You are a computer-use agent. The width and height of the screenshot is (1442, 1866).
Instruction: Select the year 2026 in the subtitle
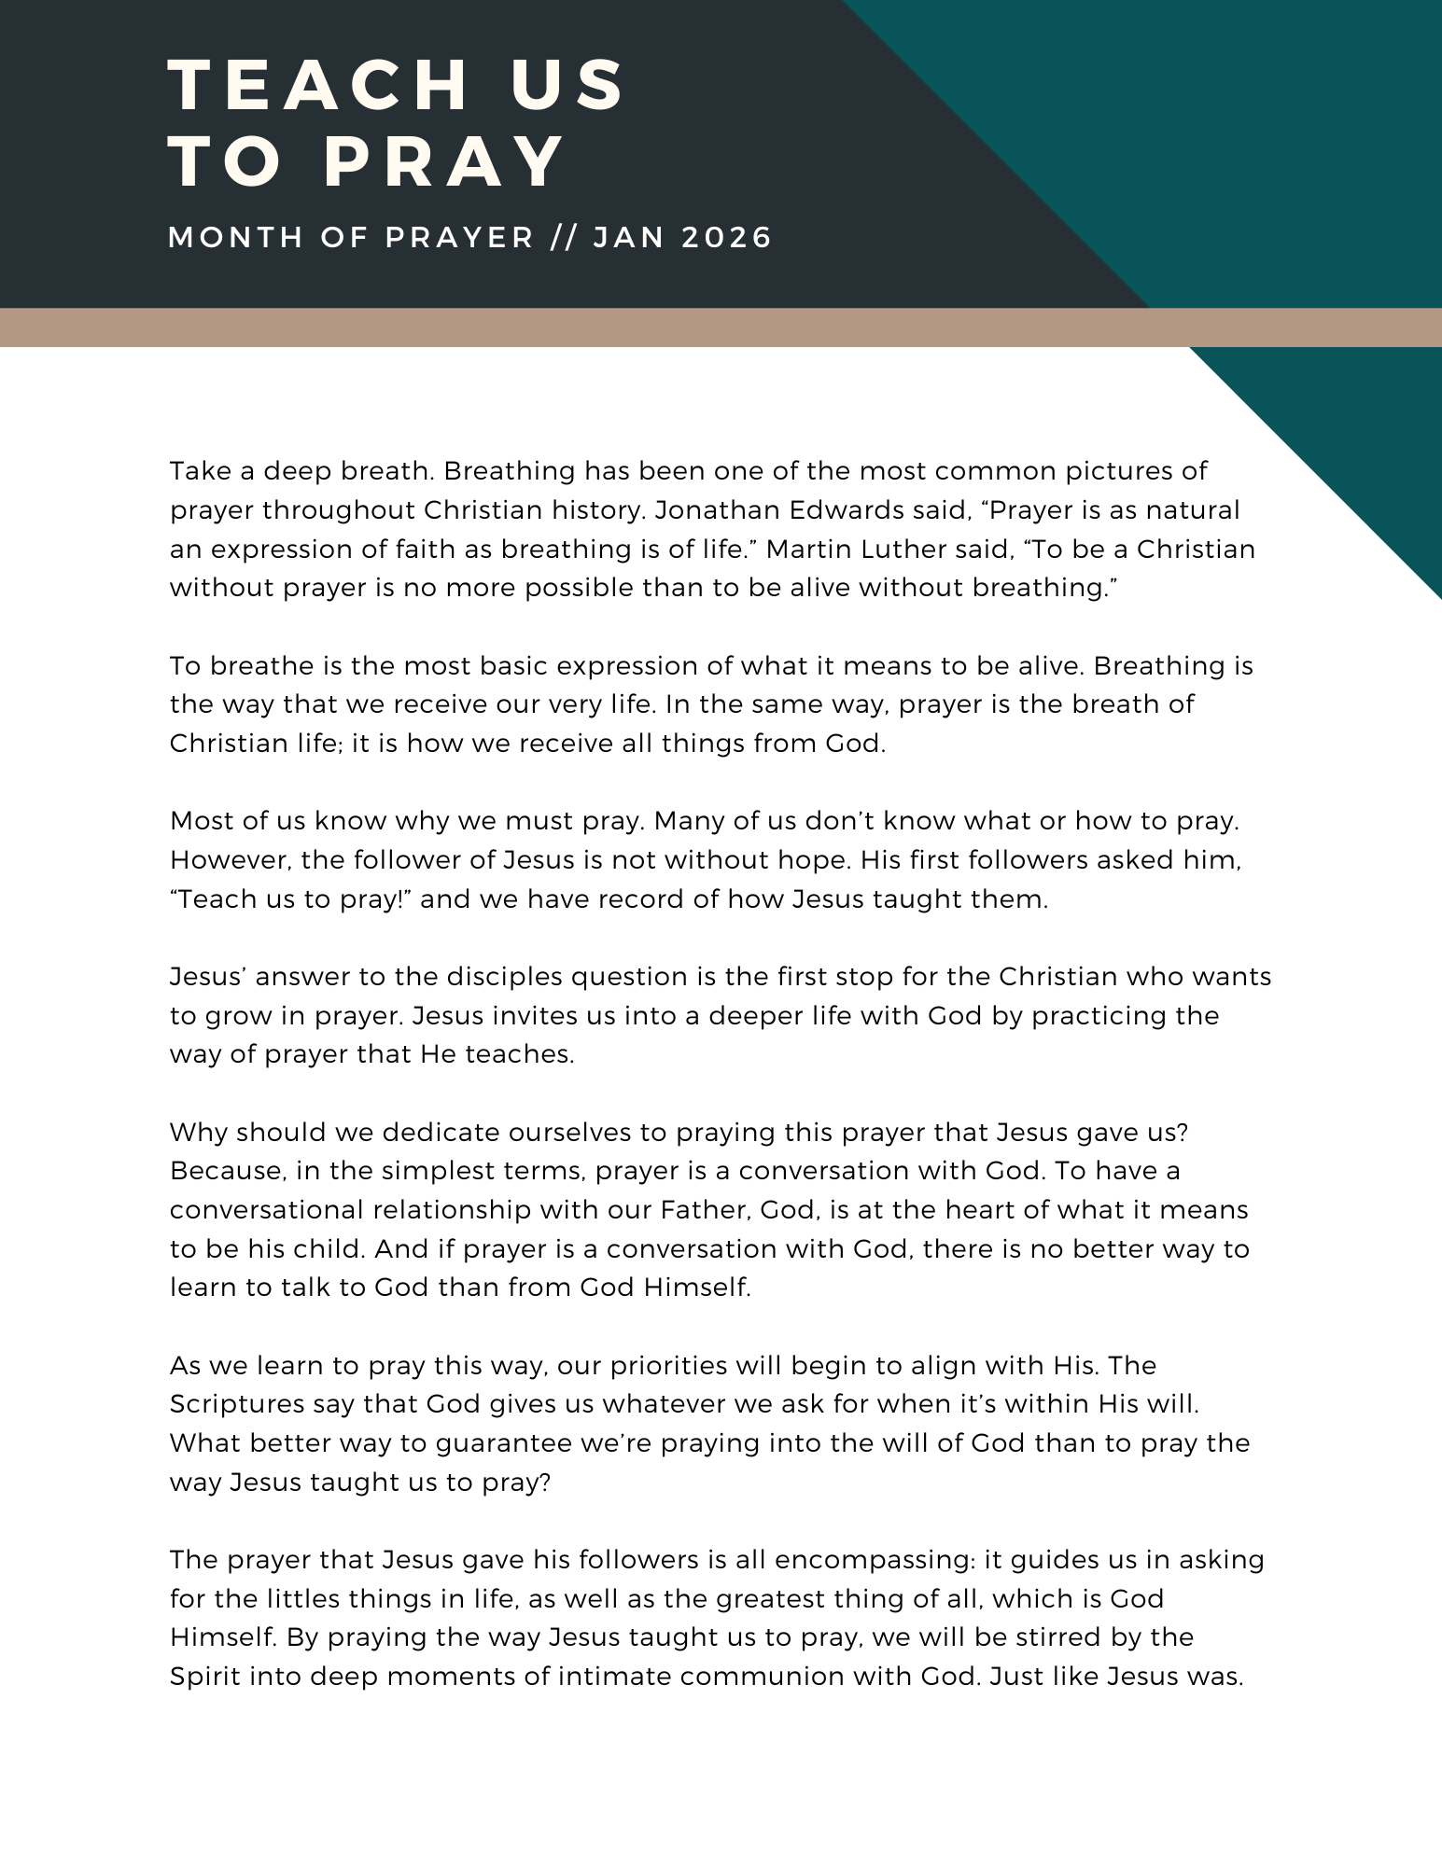pyautogui.click(x=727, y=237)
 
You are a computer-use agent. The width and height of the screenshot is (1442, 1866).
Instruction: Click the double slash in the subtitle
pyautogui.click(x=564, y=237)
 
